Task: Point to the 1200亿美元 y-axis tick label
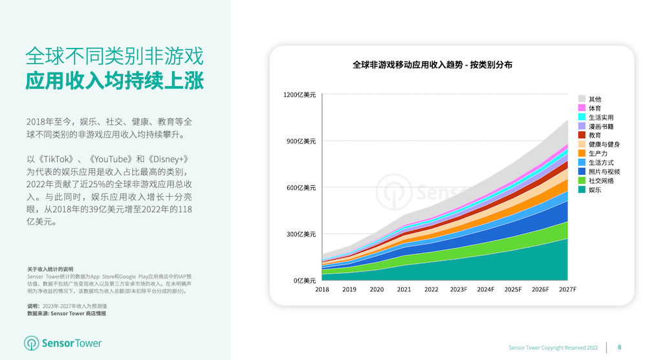coord(300,95)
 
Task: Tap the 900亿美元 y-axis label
coord(301,142)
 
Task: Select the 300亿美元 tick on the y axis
coord(301,234)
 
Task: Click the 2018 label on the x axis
coord(322,289)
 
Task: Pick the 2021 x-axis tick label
coord(404,289)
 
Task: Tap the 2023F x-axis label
coord(459,289)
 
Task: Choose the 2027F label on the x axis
coord(568,289)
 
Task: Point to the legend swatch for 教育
coord(582,135)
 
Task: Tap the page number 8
coord(619,348)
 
